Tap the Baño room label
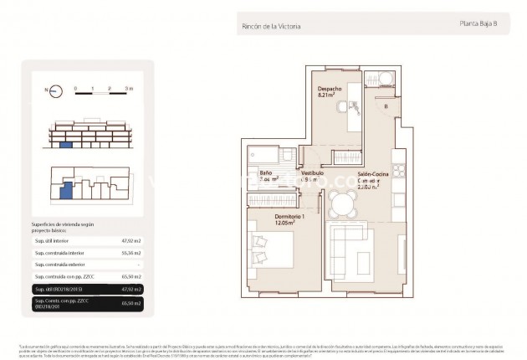coord(265,172)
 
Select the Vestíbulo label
coord(312,172)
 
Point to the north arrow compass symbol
coord(51,89)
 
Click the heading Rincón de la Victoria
coord(269,27)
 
